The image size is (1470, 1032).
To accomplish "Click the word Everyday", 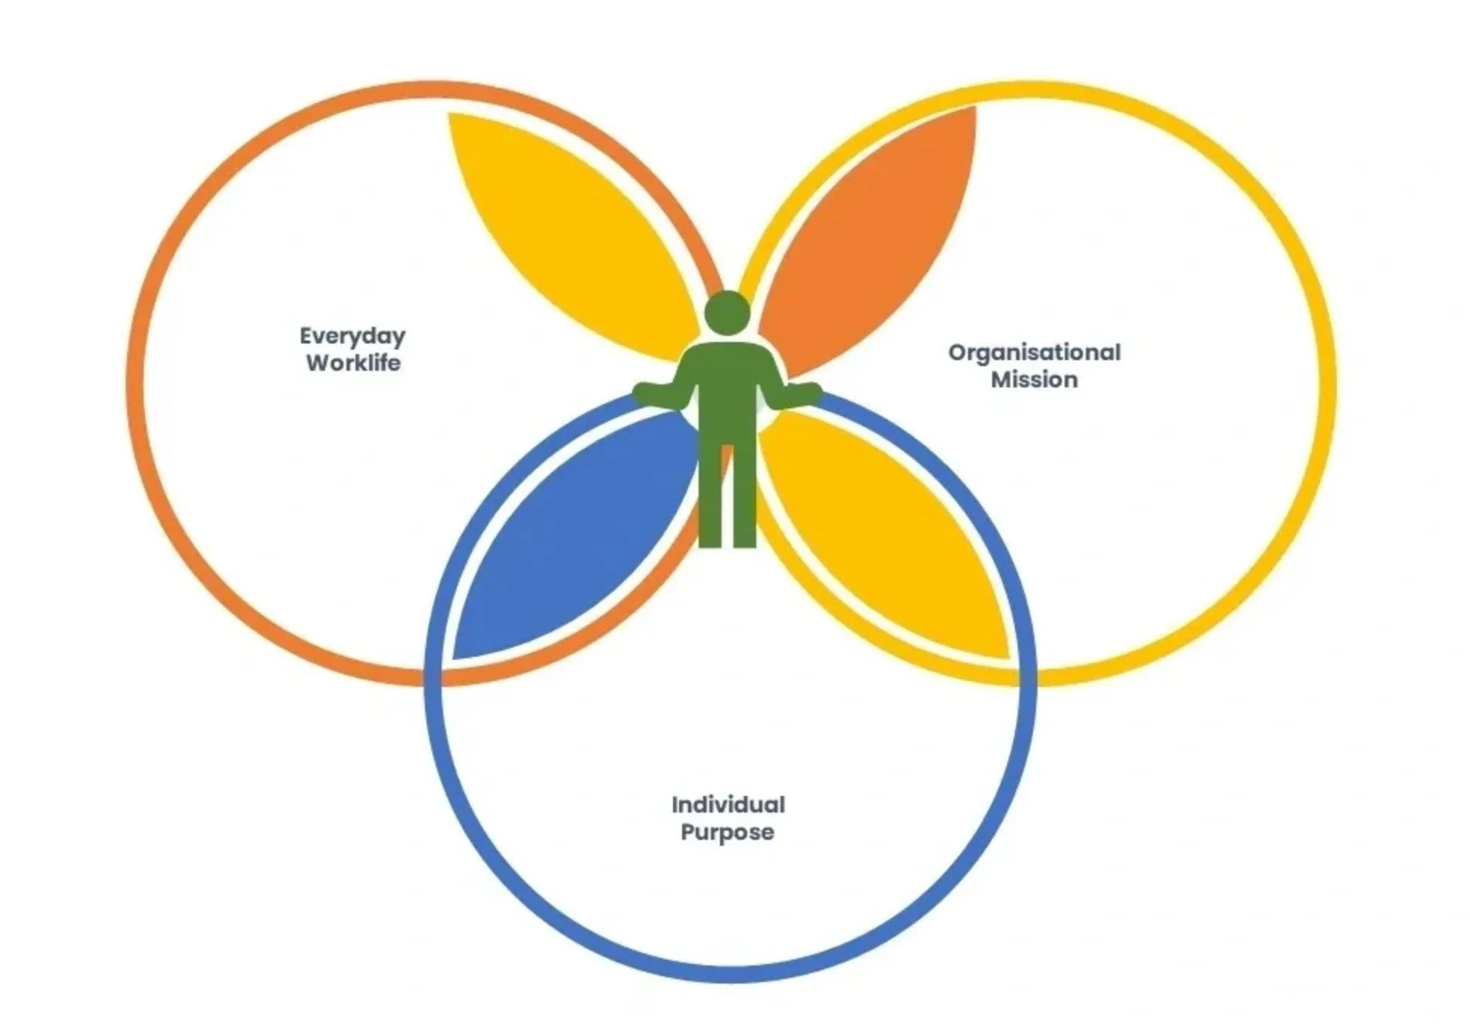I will click(x=352, y=336).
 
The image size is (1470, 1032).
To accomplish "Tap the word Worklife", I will click(x=353, y=363).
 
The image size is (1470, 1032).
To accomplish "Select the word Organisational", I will click(x=1034, y=353).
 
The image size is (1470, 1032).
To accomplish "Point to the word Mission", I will click(x=1034, y=380).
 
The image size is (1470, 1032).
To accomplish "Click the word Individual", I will click(x=727, y=804).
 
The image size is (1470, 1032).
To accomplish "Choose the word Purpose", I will click(x=727, y=832).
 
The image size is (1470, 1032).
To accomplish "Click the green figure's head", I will click(x=727, y=312).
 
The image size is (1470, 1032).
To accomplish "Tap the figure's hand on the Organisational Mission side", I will click(x=810, y=393).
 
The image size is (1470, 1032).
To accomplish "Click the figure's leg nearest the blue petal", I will click(x=710, y=499).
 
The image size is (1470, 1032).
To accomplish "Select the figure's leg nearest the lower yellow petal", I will click(x=743, y=499).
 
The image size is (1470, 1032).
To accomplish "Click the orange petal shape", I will click(x=870, y=242).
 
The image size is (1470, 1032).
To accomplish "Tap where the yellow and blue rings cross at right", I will click(x=1025, y=676).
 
